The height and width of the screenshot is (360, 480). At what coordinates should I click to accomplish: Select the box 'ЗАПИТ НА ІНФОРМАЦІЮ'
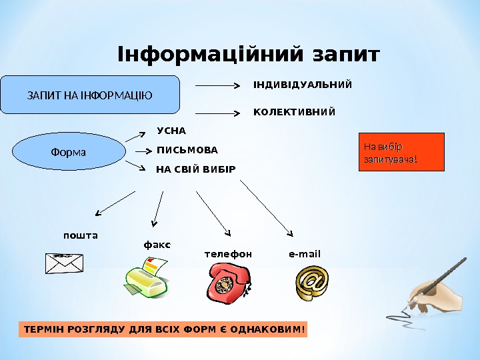point(90,95)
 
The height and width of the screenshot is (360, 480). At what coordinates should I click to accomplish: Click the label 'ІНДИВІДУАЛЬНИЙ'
point(303,85)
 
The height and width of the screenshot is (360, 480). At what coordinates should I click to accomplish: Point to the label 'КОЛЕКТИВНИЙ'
point(295,111)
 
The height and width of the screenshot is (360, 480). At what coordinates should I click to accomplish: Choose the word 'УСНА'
point(171,131)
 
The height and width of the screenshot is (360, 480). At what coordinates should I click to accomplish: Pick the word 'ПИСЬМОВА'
point(187,150)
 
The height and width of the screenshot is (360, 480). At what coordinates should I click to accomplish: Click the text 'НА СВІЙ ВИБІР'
point(196,169)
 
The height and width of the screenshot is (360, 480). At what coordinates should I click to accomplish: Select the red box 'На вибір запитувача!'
point(401,152)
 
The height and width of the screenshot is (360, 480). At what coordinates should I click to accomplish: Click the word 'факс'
point(157,245)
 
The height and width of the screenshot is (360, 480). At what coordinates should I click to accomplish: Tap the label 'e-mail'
point(305,254)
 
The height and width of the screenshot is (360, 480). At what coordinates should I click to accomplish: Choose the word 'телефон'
point(228,254)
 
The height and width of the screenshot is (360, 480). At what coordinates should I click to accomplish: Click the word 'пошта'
point(80,235)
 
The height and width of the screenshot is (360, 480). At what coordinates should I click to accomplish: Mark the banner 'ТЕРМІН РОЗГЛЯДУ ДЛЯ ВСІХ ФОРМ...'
point(163,329)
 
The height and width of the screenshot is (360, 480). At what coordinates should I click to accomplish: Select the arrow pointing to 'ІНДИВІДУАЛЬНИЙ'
point(218,86)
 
